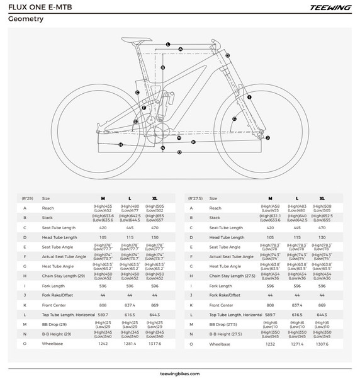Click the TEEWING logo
325,8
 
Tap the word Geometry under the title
25,19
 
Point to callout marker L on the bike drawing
169,44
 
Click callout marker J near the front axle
267,137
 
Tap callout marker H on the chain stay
120,144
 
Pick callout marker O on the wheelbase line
179,152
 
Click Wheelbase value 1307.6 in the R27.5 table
322,344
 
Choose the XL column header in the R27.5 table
322,198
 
